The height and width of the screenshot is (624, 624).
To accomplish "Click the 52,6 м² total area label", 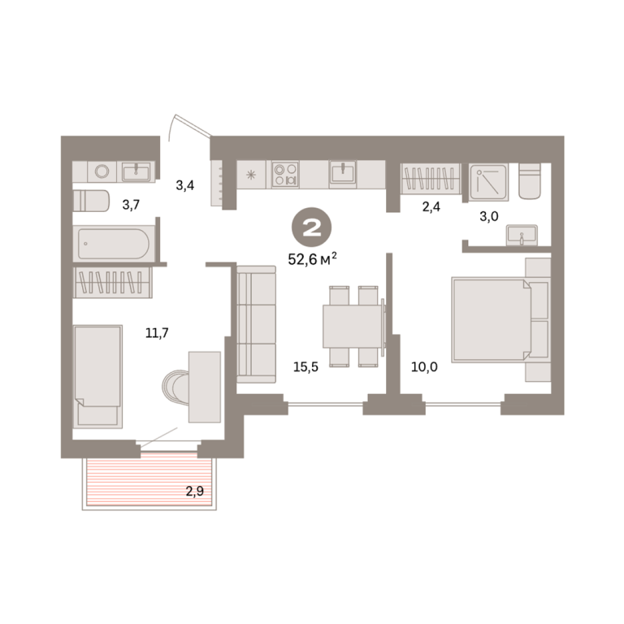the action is tap(312, 259).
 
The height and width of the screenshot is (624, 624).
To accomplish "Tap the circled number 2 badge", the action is tap(312, 228).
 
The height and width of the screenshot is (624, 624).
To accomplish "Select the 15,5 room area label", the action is tap(305, 367).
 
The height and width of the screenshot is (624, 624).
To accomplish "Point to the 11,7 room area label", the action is tap(157, 332).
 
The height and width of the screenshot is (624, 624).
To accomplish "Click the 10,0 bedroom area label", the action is tap(424, 367).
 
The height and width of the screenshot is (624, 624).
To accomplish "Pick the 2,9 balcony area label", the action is tap(195, 491).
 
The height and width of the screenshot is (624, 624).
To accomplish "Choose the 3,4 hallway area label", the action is tap(185, 185).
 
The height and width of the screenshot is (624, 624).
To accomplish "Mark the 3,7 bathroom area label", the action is tap(131, 206).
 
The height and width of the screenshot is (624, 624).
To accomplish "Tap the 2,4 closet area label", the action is tap(431, 207).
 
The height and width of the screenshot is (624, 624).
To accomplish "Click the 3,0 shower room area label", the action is tap(489, 216).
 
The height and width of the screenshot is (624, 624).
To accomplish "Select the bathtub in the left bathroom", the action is tap(114, 244).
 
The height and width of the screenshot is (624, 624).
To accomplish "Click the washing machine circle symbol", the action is tap(102, 171).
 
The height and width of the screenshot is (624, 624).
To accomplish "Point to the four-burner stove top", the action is tap(285, 175).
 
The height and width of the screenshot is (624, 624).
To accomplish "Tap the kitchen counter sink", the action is tap(342, 173).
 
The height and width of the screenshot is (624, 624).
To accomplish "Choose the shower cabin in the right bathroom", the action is tap(488, 182).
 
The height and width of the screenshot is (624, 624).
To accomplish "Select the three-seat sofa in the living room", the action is tap(256, 325).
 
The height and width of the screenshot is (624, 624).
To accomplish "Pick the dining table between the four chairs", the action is tap(353, 327).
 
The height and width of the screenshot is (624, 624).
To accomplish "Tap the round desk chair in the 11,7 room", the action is tap(175, 387).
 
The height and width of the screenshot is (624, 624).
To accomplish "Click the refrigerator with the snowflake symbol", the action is tap(251, 175).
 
